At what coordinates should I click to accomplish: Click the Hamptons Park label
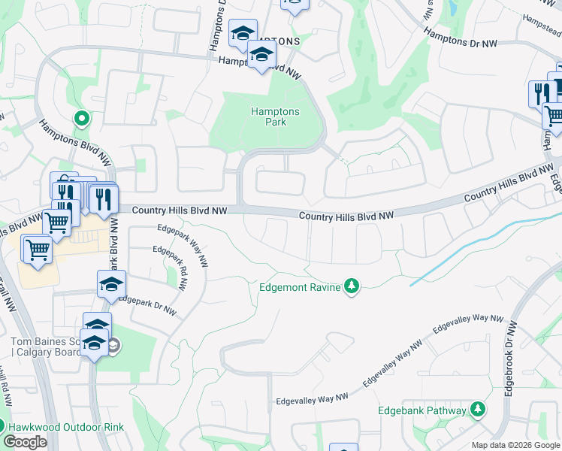pyautogui.click(x=275, y=117)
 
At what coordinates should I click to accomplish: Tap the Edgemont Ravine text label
pyautogui.click(x=299, y=286)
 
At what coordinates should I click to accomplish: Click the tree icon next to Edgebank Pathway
pyautogui.click(x=477, y=410)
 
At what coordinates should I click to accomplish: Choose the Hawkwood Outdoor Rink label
pyautogui.click(x=66, y=427)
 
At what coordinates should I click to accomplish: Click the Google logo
pyautogui.click(x=25, y=441)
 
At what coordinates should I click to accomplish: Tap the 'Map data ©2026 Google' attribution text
pyautogui.click(x=515, y=445)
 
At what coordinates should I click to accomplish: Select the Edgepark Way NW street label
pyautogui.click(x=183, y=246)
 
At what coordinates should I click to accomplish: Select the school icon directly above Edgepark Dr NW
pyautogui.click(x=111, y=284)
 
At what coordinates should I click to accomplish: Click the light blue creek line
pyautogui.click(x=466, y=247)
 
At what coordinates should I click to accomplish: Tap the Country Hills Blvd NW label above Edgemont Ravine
pyautogui.click(x=346, y=216)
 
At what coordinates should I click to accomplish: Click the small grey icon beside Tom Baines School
pyautogui.click(x=113, y=346)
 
